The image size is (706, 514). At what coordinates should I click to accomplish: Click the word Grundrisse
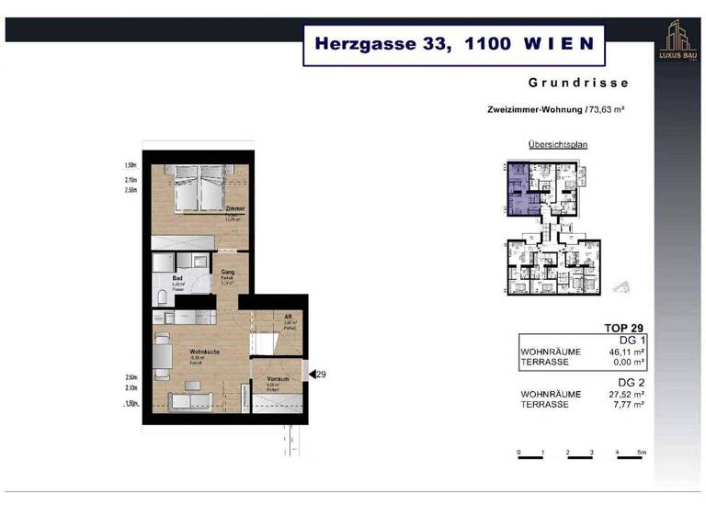(578, 83)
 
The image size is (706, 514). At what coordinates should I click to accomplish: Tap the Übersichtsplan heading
(557, 145)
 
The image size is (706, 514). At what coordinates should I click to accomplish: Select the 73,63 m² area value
(606, 109)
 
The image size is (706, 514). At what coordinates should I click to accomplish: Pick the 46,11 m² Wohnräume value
(625, 352)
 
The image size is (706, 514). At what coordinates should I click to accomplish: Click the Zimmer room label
(235, 209)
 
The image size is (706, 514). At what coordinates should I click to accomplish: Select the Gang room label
(227, 272)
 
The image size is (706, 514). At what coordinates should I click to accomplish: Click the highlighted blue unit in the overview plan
(518, 189)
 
